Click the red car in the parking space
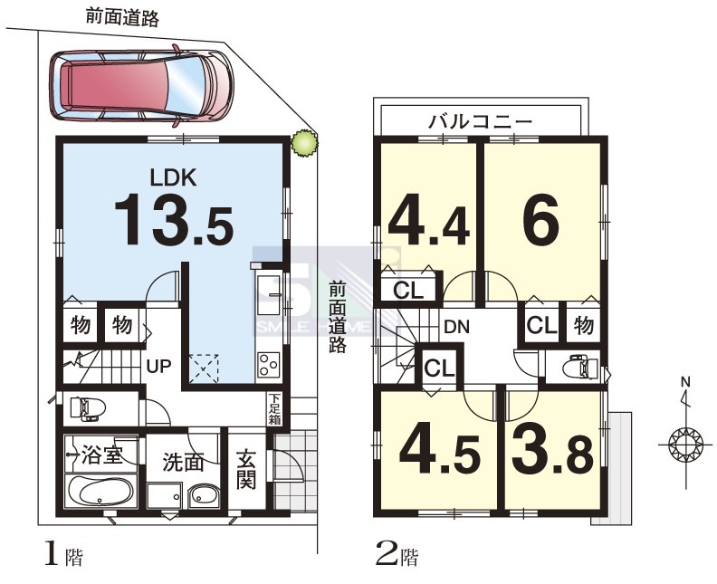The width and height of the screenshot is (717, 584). tap(141, 85)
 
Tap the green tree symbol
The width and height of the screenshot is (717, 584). tap(304, 144)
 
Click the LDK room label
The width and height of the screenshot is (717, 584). tap(174, 177)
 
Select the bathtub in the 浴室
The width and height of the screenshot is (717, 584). tap(100, 491)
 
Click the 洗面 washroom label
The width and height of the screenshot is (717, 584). tap(183, 463)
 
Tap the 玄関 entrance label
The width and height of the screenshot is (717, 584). tap(246, 470)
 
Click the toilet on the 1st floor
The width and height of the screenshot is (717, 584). tap(87, 409)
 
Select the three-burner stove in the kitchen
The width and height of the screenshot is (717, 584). tap(268, 365)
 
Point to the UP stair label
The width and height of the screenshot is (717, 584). tap(158, 366)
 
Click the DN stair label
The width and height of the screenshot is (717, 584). tap(457, 327)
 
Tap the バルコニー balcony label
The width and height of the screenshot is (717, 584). tap(481, 121)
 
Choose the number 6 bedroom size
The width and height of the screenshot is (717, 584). tap(541, 220)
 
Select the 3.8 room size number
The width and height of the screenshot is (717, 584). tap(552, 452)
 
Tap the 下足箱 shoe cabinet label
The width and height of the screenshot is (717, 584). tap(274, 409)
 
